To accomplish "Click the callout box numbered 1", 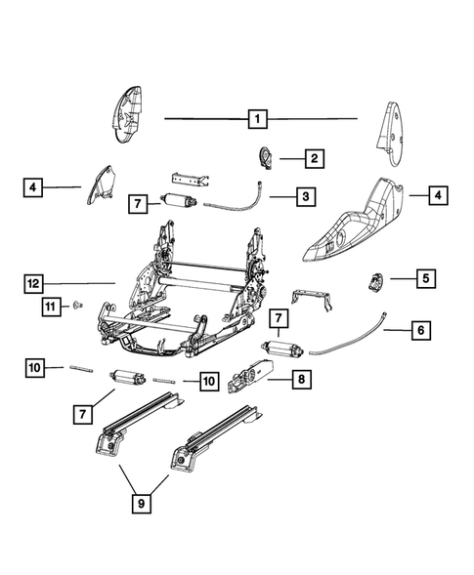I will (257, 119).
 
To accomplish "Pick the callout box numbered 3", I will (306, 197).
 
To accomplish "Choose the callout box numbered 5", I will (425, 278).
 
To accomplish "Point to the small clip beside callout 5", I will (375, 282).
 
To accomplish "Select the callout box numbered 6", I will (419, 331).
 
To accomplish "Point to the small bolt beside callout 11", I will (75, 306).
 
